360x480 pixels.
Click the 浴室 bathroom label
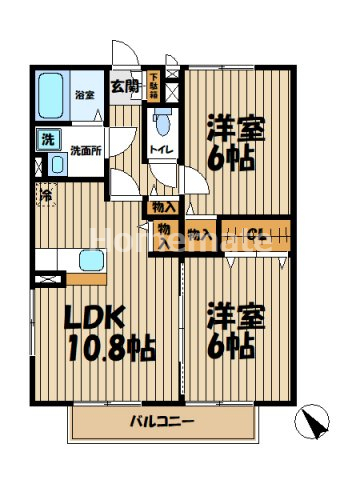83,96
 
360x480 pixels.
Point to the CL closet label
256,235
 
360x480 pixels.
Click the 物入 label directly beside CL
200,235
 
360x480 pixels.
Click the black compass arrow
315,423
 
